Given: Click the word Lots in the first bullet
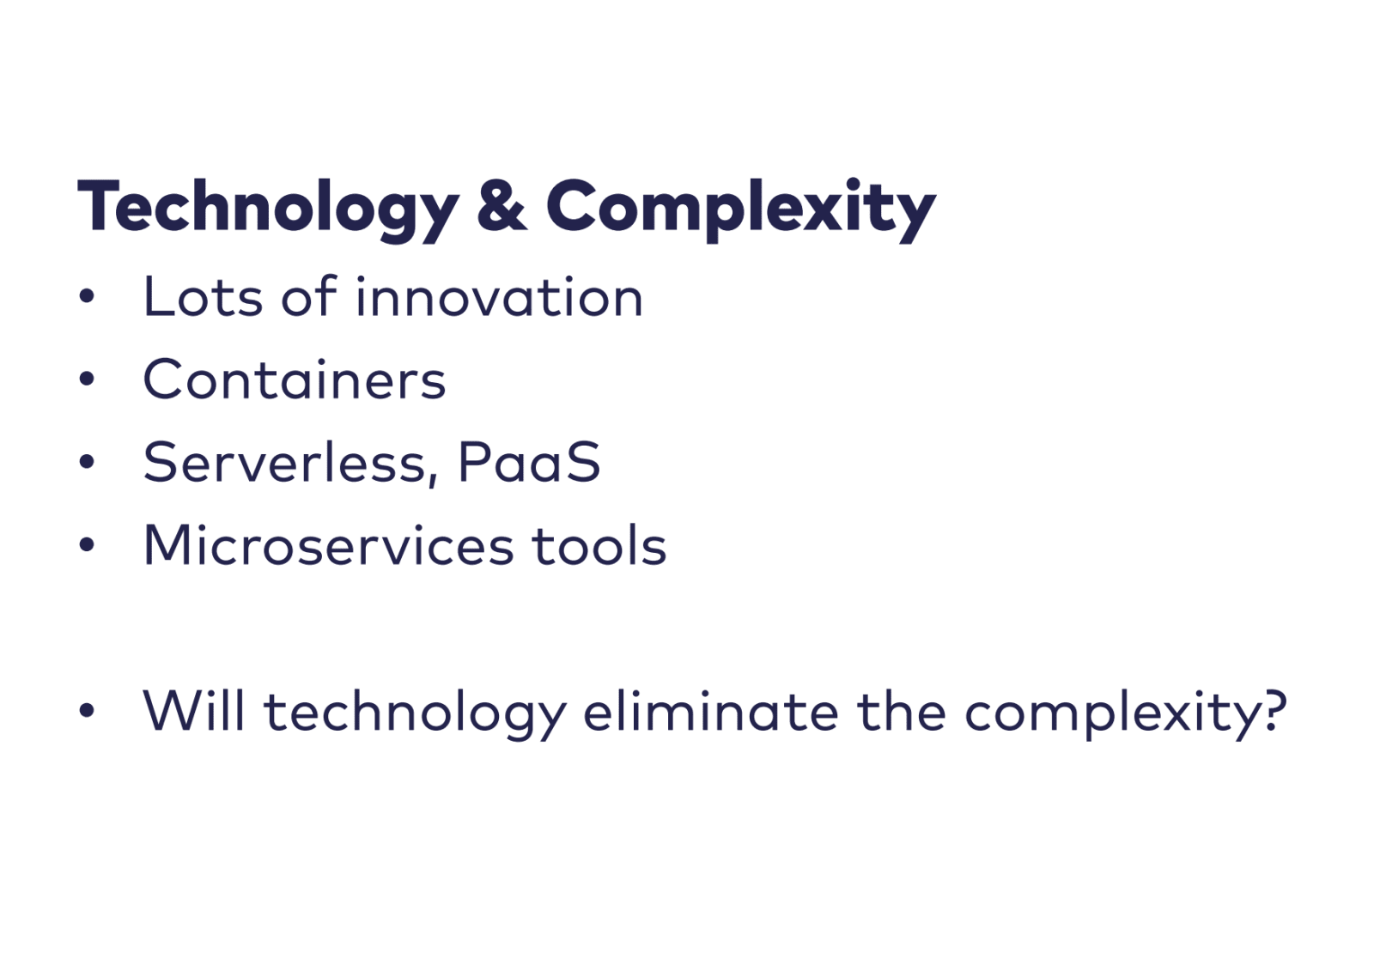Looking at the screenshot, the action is [x=203, y=297].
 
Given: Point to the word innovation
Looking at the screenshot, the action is [x=499, y=297].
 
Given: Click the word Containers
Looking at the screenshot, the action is [x=295, y=379].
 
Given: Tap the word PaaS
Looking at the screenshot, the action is [x=529, y=463].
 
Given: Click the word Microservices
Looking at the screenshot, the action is [x=328, y=545].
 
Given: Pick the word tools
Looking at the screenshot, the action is [x=599, y=545].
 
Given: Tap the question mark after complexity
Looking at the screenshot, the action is [x=1269, y=710].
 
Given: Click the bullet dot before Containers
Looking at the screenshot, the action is [x=87, y=379].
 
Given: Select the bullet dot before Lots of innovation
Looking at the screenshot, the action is [x=87, y=296].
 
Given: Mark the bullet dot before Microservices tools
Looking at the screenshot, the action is [x=87, y=544].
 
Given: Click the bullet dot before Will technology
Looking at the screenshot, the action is [x=87, y=710].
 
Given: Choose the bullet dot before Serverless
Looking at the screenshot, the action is [x=87, y=462].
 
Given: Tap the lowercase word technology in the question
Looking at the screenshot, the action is [x=415, y=714].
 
